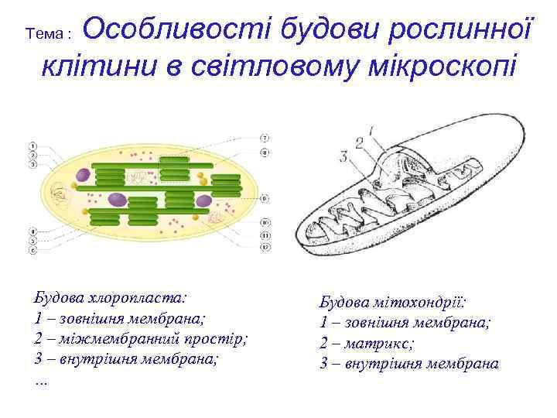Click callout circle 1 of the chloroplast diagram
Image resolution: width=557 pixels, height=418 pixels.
[32, 145]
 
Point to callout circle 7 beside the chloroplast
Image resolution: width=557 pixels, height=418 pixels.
[264, 138]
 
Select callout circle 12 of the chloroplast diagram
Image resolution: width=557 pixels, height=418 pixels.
[264, 248]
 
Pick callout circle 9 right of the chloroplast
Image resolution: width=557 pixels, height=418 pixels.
[264, 198]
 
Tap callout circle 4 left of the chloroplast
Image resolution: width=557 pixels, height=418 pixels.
[32, 231]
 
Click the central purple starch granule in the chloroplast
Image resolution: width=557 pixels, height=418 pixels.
[115, 200]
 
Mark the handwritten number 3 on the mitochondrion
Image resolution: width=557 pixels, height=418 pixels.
[343, 157]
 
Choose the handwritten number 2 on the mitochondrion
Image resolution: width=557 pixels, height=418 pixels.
[359, 142]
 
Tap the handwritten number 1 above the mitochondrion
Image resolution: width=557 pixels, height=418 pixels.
[371, 131]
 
